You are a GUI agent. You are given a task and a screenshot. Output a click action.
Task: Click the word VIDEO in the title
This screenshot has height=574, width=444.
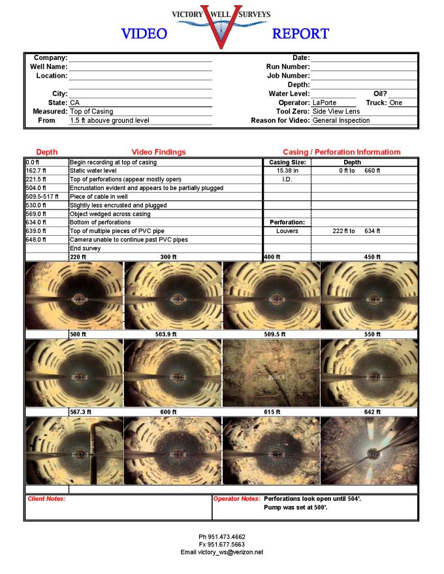coord(144,33)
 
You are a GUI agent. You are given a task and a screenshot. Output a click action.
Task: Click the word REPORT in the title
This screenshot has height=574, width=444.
coord(300,33)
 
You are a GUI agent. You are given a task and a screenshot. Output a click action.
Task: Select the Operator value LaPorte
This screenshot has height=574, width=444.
coord(325,103)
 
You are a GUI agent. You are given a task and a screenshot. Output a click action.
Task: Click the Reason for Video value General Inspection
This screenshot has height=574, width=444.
coord(341,120)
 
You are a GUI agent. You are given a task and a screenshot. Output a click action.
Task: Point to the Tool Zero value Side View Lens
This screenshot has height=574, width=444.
coord(336,112)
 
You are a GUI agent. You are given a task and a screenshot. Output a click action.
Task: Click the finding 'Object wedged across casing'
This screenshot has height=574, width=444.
coord(109,214)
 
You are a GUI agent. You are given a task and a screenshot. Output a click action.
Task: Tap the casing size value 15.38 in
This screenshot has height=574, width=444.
coord(287,170)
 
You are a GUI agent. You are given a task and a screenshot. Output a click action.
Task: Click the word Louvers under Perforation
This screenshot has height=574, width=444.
coord(287,231)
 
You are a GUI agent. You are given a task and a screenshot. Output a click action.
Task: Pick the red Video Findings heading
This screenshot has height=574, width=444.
coord(159,151)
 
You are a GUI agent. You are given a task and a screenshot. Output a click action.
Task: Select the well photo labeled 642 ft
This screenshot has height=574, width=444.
coord(369,451)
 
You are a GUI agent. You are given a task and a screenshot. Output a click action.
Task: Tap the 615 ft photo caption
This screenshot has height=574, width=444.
coord(272,412)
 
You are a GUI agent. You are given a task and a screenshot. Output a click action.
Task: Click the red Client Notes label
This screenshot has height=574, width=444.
coord(46,499)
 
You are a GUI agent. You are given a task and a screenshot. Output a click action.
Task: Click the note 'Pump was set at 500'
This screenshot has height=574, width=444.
coord(295,507)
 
